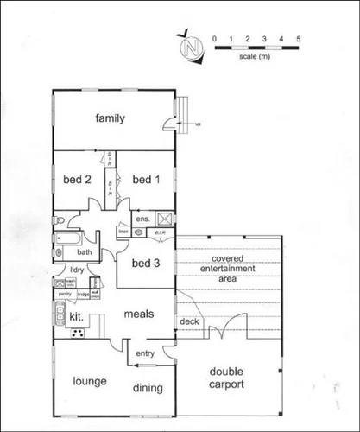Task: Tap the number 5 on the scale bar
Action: click(x=299, y=39)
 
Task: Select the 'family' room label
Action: click(x=111, y=118)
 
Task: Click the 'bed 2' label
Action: click(x=77, y=180)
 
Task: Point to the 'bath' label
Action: click(x=84, y=253)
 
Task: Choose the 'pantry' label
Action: click(x=62, y=295)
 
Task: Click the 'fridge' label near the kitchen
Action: click(x=83, y=295)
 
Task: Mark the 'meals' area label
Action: click(x=138, y=314)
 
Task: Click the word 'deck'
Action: click(x=188, y=322)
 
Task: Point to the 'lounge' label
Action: click(x=90, y=381)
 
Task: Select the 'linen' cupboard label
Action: click(x=123, y=232)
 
